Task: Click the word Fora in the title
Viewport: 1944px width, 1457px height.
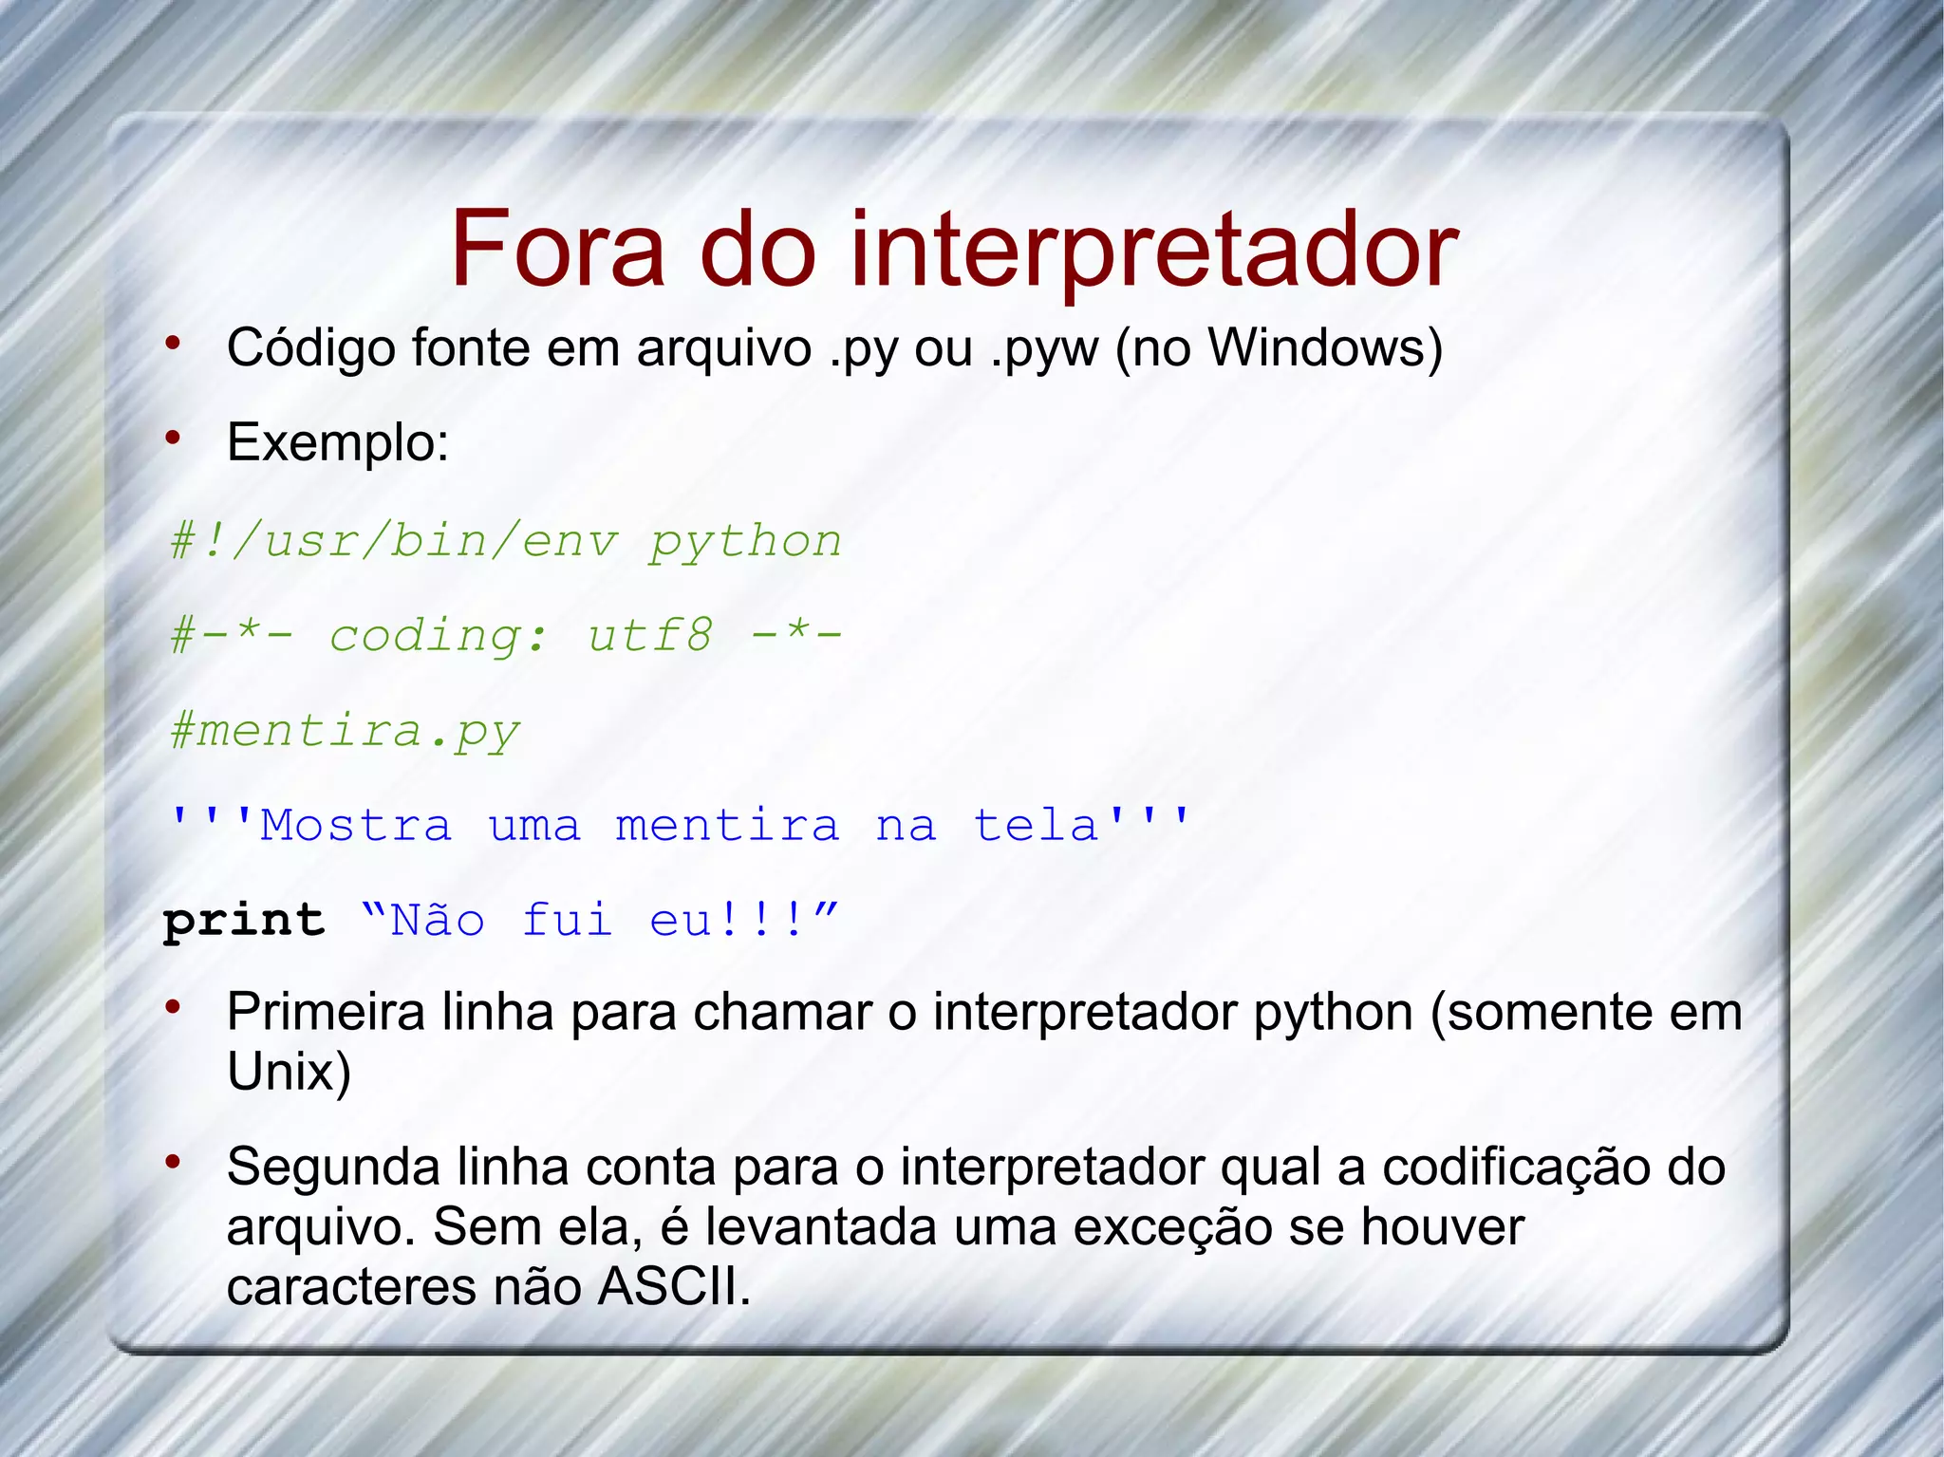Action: [557, 249]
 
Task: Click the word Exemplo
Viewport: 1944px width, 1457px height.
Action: [337, 442]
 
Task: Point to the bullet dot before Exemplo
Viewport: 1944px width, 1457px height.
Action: [173, 438]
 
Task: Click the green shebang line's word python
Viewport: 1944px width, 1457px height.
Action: [745, 542]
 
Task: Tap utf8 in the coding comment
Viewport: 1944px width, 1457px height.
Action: [649, 635]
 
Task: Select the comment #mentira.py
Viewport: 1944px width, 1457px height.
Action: [346, 731]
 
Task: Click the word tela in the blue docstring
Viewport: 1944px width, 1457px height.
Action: [1037, 825]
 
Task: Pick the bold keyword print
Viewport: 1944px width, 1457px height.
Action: [244, 920]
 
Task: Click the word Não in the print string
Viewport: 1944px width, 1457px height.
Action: [438, 920]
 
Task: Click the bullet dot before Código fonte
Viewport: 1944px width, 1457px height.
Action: [173, 343]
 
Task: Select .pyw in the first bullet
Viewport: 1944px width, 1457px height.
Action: [1044, 349]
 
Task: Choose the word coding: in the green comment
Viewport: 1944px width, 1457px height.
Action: [438, 636]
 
